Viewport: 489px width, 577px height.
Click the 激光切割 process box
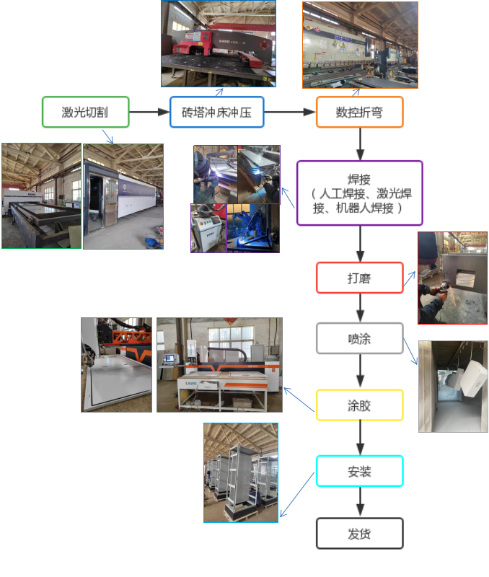[x=86, y=112]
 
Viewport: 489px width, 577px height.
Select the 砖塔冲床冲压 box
[x=216, y=112]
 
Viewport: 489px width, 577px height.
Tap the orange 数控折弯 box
[x=359, y=112]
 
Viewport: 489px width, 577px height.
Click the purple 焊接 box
[x=359, y=193]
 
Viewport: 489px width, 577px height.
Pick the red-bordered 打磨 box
[x=359, y=278]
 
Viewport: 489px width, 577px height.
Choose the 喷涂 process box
[x=359, y=338]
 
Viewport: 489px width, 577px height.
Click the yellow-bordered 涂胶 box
[x=359, y=405]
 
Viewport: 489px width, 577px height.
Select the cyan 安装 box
[x=359, y=472]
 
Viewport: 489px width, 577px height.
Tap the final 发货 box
[x=359, y=534]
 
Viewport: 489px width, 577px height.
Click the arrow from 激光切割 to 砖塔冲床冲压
[x=149, y=113]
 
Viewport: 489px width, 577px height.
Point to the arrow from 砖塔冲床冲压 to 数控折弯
[x=290, y=113]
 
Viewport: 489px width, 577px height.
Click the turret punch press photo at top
[x=218, y=43]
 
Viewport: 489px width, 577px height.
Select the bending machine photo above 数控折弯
[x=360, y=45]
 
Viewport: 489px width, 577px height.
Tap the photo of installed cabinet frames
[x=241, y=472]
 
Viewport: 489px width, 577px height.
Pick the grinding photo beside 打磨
[x=452, y=278]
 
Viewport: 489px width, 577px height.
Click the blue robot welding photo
[x=252, y=228]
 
